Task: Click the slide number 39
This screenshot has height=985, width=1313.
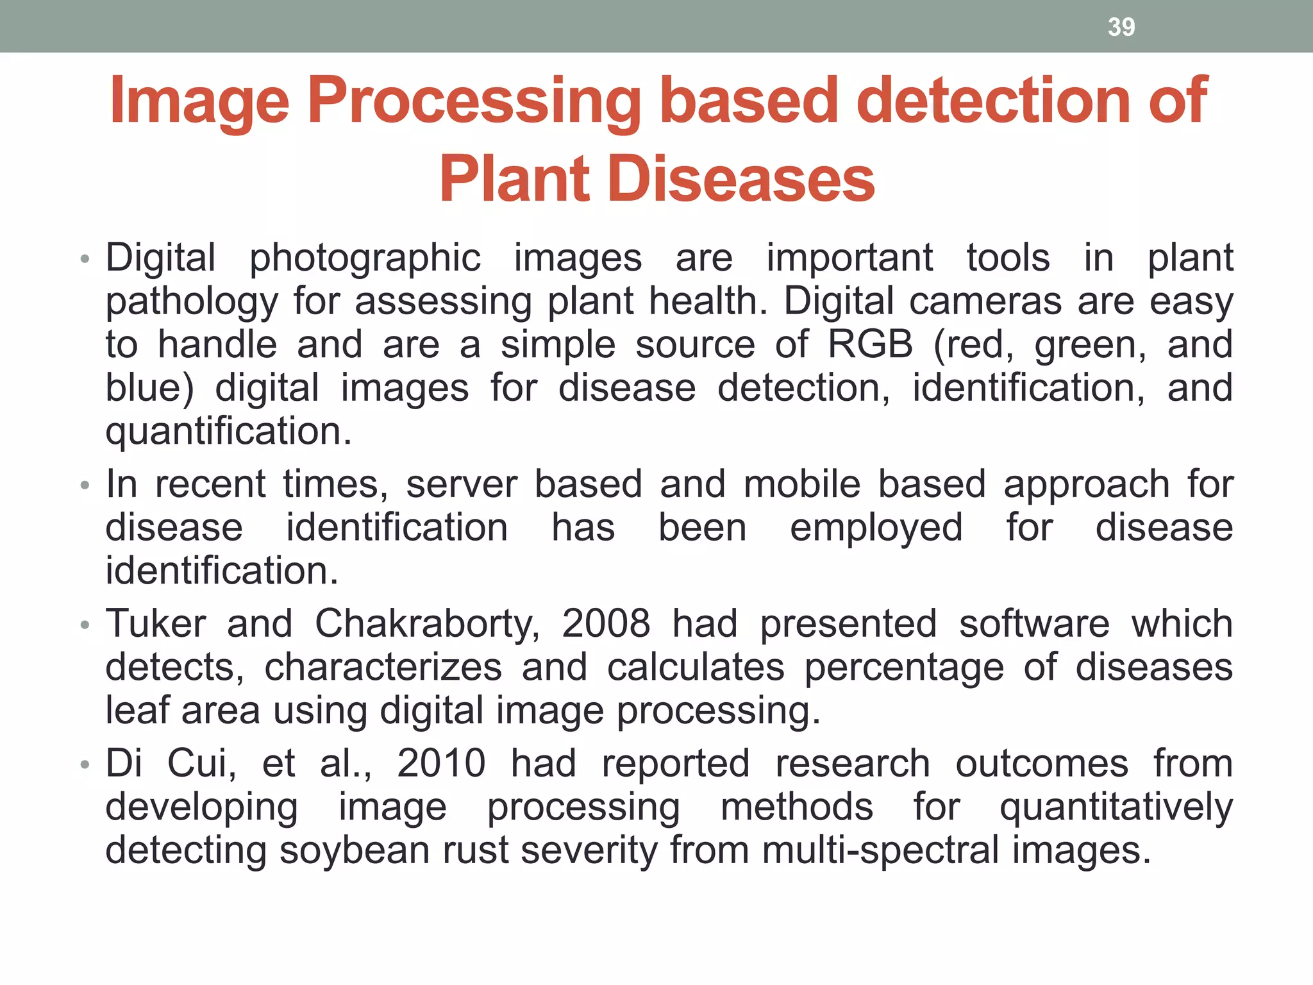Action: (1121, 27)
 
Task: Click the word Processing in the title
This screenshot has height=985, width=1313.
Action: (474, 101)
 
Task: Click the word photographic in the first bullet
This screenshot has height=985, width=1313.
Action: (365, 259)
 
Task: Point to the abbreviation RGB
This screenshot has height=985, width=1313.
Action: (870, 344)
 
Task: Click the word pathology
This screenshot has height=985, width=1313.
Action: (192, 302)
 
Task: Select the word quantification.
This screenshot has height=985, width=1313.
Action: (228, 431)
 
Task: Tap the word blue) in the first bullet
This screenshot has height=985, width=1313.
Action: (149, 388)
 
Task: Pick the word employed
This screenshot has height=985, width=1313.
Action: (876, 528)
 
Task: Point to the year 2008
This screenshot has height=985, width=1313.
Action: (606, 623)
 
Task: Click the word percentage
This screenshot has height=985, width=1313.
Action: (904, 668)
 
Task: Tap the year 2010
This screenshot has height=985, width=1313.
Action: (441, 763)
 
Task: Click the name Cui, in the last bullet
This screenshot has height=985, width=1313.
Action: (201, 763)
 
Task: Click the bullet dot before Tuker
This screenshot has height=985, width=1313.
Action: (84, 625)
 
